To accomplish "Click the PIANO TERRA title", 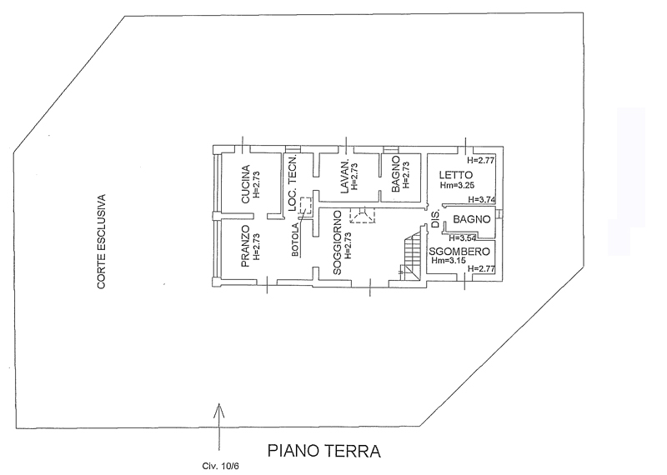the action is pos(324,451).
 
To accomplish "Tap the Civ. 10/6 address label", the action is pos(220,466).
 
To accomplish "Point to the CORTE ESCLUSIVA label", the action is pos(101,242).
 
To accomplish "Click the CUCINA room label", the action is pos(245,184).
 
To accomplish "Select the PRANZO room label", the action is pos(245,246).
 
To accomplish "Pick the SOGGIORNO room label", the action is pos(338,242).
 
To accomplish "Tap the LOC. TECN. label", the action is pos(293,182).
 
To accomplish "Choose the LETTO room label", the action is pos(456,175).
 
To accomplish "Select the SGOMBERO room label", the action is pos(459,252).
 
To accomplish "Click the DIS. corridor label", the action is pos(434,220).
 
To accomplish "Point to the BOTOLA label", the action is pos(295,240).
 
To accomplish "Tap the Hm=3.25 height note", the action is pos(457,185).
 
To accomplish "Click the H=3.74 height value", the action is pos(482,199).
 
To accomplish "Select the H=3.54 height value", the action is pos(463,237).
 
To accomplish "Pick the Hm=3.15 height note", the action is pos(449,261).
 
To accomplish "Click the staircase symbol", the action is pos(411,255).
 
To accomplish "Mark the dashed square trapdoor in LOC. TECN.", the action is pos(306,205).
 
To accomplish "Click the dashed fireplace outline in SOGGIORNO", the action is pos(363,215).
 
